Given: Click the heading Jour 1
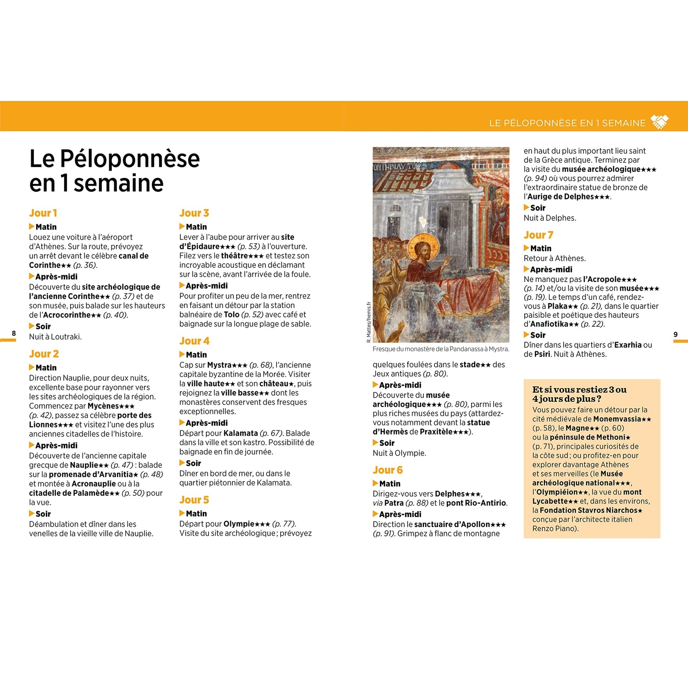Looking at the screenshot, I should [x=43, y=213].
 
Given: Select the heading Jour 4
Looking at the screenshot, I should [x=194, y=341].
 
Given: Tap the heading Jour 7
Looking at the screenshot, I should [x=538, y=235].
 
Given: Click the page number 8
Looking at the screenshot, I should [x=14, y=333].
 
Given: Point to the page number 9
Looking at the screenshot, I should [x=675, y=334].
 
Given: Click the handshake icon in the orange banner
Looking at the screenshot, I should [x=660, y=122].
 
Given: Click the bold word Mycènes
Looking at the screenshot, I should [x=103, y=406].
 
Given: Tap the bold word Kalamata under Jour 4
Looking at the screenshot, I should [x=240, y=433].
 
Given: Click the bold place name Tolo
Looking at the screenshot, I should [x=232, y=315].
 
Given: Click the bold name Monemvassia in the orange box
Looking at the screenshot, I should [x=617, y=419].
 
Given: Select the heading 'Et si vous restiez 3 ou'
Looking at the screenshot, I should [x=579, y=389].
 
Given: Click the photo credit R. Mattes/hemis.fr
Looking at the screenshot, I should [x=368, y=322].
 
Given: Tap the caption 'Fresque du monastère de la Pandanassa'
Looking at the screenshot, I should [x=440, y=349].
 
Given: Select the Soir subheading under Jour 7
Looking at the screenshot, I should [x=538, y=335].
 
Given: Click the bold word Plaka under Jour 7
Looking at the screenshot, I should [x=557, y=306].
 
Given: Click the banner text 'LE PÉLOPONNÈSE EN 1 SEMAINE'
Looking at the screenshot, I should [x=567, y=123].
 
